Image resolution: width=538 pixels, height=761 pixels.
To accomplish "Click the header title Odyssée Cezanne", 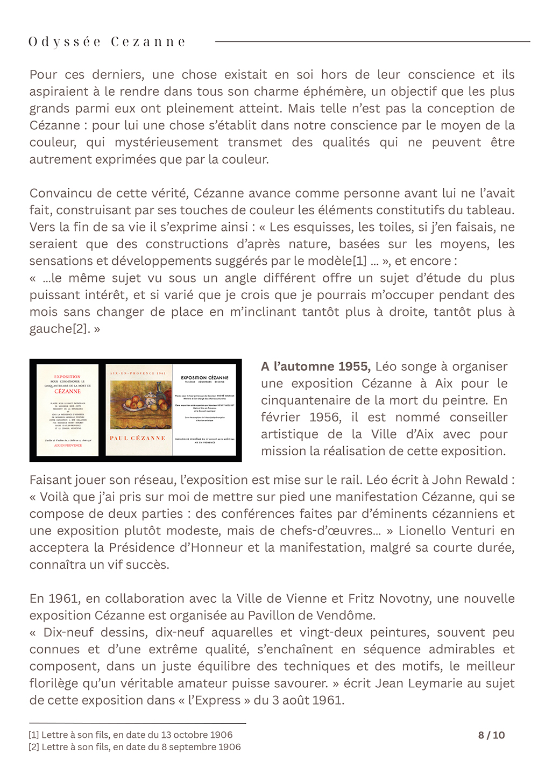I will point(107,42).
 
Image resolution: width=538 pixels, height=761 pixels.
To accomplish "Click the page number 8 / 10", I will point(491,735).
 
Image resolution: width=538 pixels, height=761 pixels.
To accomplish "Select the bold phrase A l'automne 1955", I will point(315,367).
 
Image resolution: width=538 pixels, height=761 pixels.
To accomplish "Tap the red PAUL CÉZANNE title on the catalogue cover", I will point(138,438).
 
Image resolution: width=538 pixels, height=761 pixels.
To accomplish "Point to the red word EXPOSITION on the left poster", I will point(67,377).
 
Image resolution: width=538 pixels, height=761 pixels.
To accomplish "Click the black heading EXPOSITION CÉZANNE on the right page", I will point(204,377).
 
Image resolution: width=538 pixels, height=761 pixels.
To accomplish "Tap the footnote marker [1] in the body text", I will point(359,261).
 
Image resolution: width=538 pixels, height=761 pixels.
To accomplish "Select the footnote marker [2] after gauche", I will point(81,329).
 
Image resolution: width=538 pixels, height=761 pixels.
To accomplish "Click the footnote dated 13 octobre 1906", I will point(131,735).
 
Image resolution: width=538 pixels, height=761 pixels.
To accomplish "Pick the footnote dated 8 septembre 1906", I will point(134,747).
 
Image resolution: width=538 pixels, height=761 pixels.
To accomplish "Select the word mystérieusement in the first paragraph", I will point(166,143).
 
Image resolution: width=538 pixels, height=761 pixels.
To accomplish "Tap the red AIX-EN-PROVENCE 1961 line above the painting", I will point(138,373).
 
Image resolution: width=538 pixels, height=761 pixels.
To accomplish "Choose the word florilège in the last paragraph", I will point(58,684).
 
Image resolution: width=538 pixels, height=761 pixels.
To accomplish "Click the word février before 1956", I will point(280,417).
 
